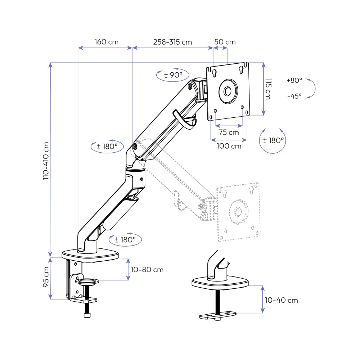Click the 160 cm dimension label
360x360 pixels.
[x=106, y=42]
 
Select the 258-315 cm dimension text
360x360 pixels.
[x=172, y=42]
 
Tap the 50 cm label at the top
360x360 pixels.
[x=225, y=42]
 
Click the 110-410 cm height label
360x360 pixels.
[x=46, y=160]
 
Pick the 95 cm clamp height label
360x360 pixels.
[x=46, y=277]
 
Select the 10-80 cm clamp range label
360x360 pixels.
[x=147, y=270]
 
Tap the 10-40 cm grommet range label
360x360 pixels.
[x=281, y=300]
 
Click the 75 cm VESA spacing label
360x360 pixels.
[x=229, y=132]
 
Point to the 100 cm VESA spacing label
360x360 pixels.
[x=229, y=146]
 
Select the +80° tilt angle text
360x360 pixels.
[x=294, y=80]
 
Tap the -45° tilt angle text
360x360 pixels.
[x=294, y=96]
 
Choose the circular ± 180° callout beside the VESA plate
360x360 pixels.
[x=273, y=140]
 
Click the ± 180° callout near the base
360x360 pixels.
[x=125, y=239]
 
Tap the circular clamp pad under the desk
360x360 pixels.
[x=87, y=281]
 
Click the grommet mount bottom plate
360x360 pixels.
[x=218, y=315]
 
